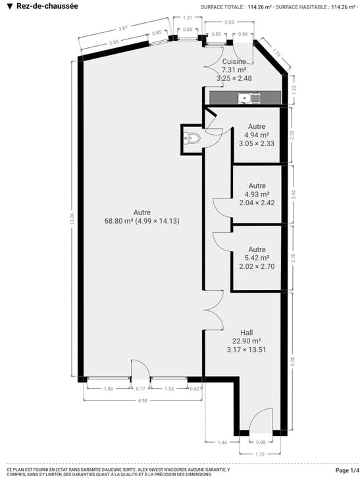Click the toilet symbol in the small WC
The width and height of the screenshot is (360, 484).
click(x=192, y=137)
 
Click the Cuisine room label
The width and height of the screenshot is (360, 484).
click(x=234, y=62)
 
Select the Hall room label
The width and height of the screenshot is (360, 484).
click(x=247, y=333)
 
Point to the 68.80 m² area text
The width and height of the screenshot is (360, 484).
click(x=118, y=221)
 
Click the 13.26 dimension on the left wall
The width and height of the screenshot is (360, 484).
click(x=72, y=218)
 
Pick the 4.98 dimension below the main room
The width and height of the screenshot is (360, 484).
click(x=143, y=400)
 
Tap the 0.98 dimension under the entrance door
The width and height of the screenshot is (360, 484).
click(x=261, y=442)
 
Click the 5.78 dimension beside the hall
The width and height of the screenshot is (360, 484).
click(x=293, y=361)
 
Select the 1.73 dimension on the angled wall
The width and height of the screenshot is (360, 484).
click(x=276, y=53)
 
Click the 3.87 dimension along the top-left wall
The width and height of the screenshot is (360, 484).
click(x=123, y=28)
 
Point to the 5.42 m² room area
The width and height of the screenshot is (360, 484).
click(x=257, y=258)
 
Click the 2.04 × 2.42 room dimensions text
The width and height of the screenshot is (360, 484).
click(x=257, y=203)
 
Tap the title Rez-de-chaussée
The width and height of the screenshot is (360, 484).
click(x=47, y=6)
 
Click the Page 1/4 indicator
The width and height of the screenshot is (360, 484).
click(x=347, y=470)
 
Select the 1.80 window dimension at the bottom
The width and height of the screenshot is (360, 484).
click(x=109, y=389)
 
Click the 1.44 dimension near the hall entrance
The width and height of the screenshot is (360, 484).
click(x=222, y=443)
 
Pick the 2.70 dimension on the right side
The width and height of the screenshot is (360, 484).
click(x=294, y=258)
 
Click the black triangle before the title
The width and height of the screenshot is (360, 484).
click(x=10, y=7)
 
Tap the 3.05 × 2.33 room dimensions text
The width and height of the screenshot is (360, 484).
click(x=257, y=143)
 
